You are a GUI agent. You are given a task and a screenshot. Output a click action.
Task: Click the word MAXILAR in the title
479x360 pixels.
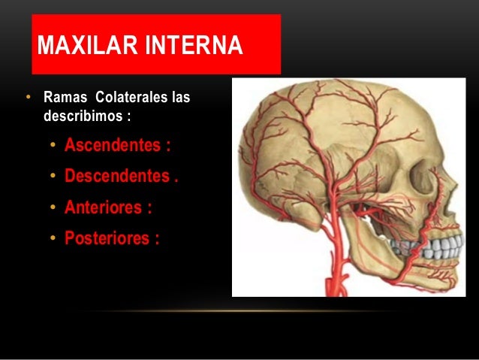[x=83, y=47]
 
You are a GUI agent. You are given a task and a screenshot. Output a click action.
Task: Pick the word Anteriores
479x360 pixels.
[x=107, y=207]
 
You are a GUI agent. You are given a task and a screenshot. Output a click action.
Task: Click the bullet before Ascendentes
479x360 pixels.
[x=53, y=145]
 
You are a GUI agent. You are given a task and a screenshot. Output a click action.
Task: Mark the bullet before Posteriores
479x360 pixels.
[x=53, y=239]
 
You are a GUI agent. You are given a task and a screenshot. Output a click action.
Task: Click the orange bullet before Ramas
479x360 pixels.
[x=28, y=98]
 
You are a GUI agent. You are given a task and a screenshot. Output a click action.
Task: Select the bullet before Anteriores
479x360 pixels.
[x=53, y=208]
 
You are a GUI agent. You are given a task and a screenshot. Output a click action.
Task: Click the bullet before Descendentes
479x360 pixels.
[x=53, y=177]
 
